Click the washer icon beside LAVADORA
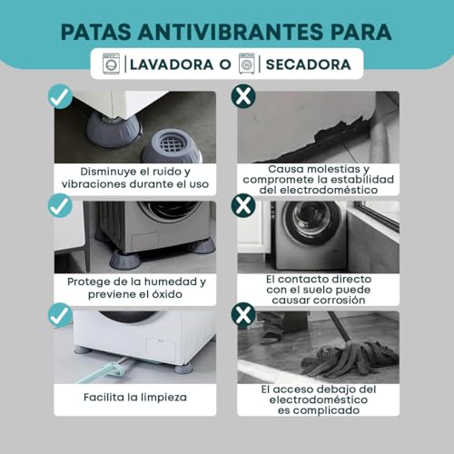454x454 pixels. (x=112, y=64)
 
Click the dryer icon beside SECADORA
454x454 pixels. (x=245, y=64)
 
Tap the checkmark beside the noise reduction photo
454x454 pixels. (x=59, y=95)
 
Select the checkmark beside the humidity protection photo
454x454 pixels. (x=59, y=206)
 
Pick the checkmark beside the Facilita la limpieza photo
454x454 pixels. (x=59, y=315)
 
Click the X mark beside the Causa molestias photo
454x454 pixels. (x=242, y=95)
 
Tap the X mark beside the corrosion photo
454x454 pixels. (x=242, y=206)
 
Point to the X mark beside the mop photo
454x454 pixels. (x=242, y=315)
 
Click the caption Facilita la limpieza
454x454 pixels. (x=134, y=396)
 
